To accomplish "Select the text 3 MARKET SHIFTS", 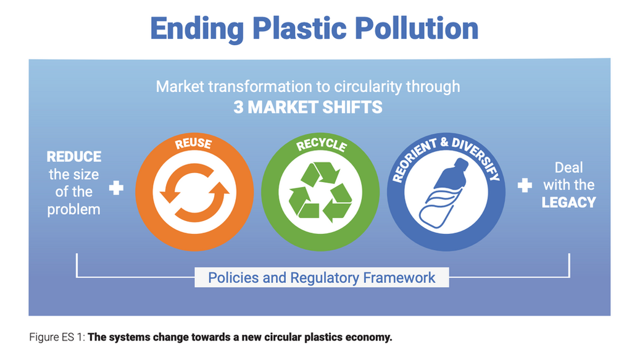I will click(x=307, y=107).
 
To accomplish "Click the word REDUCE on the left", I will click(x=74, y=157).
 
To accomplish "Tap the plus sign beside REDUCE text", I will click(x=117, y=187).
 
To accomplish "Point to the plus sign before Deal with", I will click(x=525, y=185).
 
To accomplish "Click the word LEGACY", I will click(x=568, y=202).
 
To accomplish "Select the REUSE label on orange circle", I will click(x=193, y=144).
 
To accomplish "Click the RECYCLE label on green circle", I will click(x=321, y=144).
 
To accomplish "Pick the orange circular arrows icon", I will click(x=194, y=193).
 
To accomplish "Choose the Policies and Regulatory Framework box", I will click(x=321, y=277).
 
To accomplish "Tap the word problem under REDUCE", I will click(x=73, y=209).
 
